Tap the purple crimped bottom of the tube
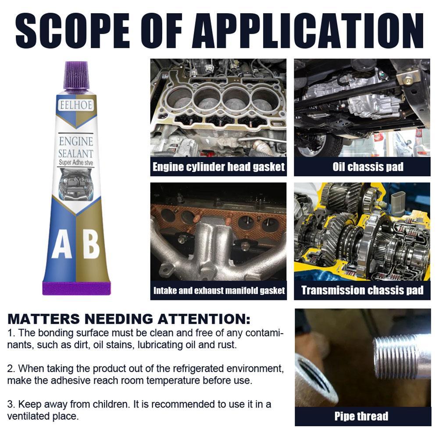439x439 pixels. pyautogui.click(x=76, y=288)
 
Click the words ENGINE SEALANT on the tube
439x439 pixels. pyautogui.click(x=76, y=147)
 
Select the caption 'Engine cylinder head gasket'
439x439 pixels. pyautogui.click(x=218, y=167)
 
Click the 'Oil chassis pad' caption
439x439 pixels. pyautogui.click(x=362, y=167)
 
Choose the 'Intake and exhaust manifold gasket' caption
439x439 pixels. pyautogui.click(x=218, y=290)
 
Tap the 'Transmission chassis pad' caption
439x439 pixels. pyautogui.click(x=362, y=290)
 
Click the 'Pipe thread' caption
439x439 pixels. pyautogui.click(x=362, y=416)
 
